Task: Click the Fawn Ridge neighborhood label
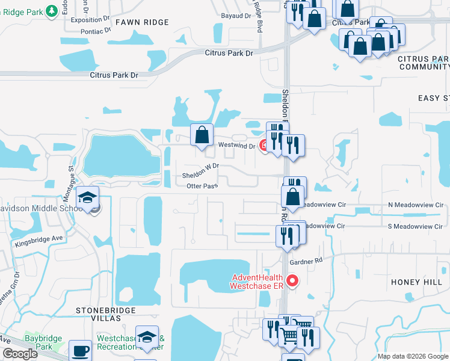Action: point(142,22)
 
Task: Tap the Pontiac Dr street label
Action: point(90,29)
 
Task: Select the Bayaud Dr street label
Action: point(235,16)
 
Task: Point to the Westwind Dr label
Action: point(236,146)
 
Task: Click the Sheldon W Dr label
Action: point(200,171)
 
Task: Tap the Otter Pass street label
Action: point(202,187)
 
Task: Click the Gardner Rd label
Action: point(306,261)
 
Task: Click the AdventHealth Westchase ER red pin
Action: point(293,280)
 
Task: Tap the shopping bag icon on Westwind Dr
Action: point(202,135)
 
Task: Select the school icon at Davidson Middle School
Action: point(88,197)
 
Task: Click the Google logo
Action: point(20,354)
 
